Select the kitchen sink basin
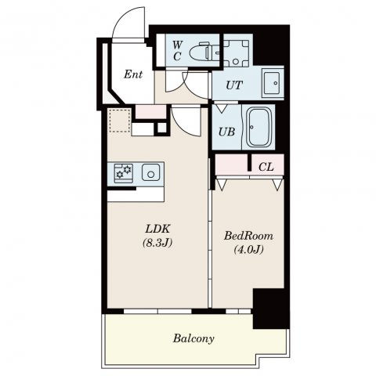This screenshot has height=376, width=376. (x=151, y=172)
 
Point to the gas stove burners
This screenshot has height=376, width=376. (x=124, y=173)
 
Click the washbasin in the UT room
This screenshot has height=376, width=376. (x=273, y=83)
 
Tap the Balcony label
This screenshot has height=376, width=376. (x=193, y=338)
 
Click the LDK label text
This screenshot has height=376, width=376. (x=157, y=229)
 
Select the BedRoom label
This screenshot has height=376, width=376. (x=248, y=236)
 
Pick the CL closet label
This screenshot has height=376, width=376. (x=266, y=167)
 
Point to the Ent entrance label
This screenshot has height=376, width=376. (x=133, y=74)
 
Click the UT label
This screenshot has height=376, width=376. (x=234, y=85)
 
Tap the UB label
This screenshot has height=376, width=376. (x=226, y=132)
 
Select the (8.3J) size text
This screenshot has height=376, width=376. (x=157, y=243)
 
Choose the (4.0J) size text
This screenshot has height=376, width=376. (x=248, y=250)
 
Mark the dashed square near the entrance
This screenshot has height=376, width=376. (x=120, y=121)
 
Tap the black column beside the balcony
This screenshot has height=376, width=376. (x=271, y=309)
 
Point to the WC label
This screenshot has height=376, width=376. (x=177, y=51)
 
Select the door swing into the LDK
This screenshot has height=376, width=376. (x=186, y=121)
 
